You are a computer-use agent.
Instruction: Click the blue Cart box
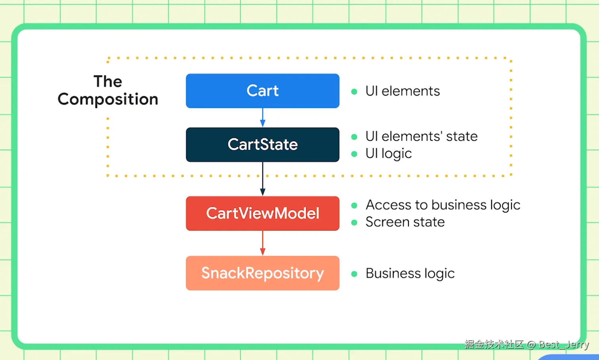coord(263,91)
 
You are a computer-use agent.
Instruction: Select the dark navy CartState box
coord(263,145)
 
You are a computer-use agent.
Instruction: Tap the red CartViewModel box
coord(263,213)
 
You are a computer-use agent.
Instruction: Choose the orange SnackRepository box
coord(263,273)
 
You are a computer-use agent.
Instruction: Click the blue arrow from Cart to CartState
coord(263,117)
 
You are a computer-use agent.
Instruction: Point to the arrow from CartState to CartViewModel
coord(263,179)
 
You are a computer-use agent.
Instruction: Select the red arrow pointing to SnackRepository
coord(263,243)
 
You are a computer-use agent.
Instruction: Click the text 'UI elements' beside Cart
coord(403,91)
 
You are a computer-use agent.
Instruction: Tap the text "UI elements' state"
coord(422,136)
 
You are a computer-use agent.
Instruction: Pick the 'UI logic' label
coord(389,154)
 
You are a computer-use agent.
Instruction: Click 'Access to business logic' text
coord(443,205)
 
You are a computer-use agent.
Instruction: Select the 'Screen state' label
coord(405,222)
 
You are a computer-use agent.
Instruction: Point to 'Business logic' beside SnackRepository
coord(410,273)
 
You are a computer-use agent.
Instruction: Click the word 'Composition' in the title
coord(108,99)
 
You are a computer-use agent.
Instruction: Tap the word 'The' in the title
coord(108,81)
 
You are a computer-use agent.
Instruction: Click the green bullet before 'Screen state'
coord(354,222)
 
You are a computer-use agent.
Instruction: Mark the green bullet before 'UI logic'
coord(354,154)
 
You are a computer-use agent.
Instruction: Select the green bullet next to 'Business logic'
coord(354,274)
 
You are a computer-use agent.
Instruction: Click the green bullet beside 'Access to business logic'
coord(354,205)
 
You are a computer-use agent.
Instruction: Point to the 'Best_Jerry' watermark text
coord(564,345)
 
